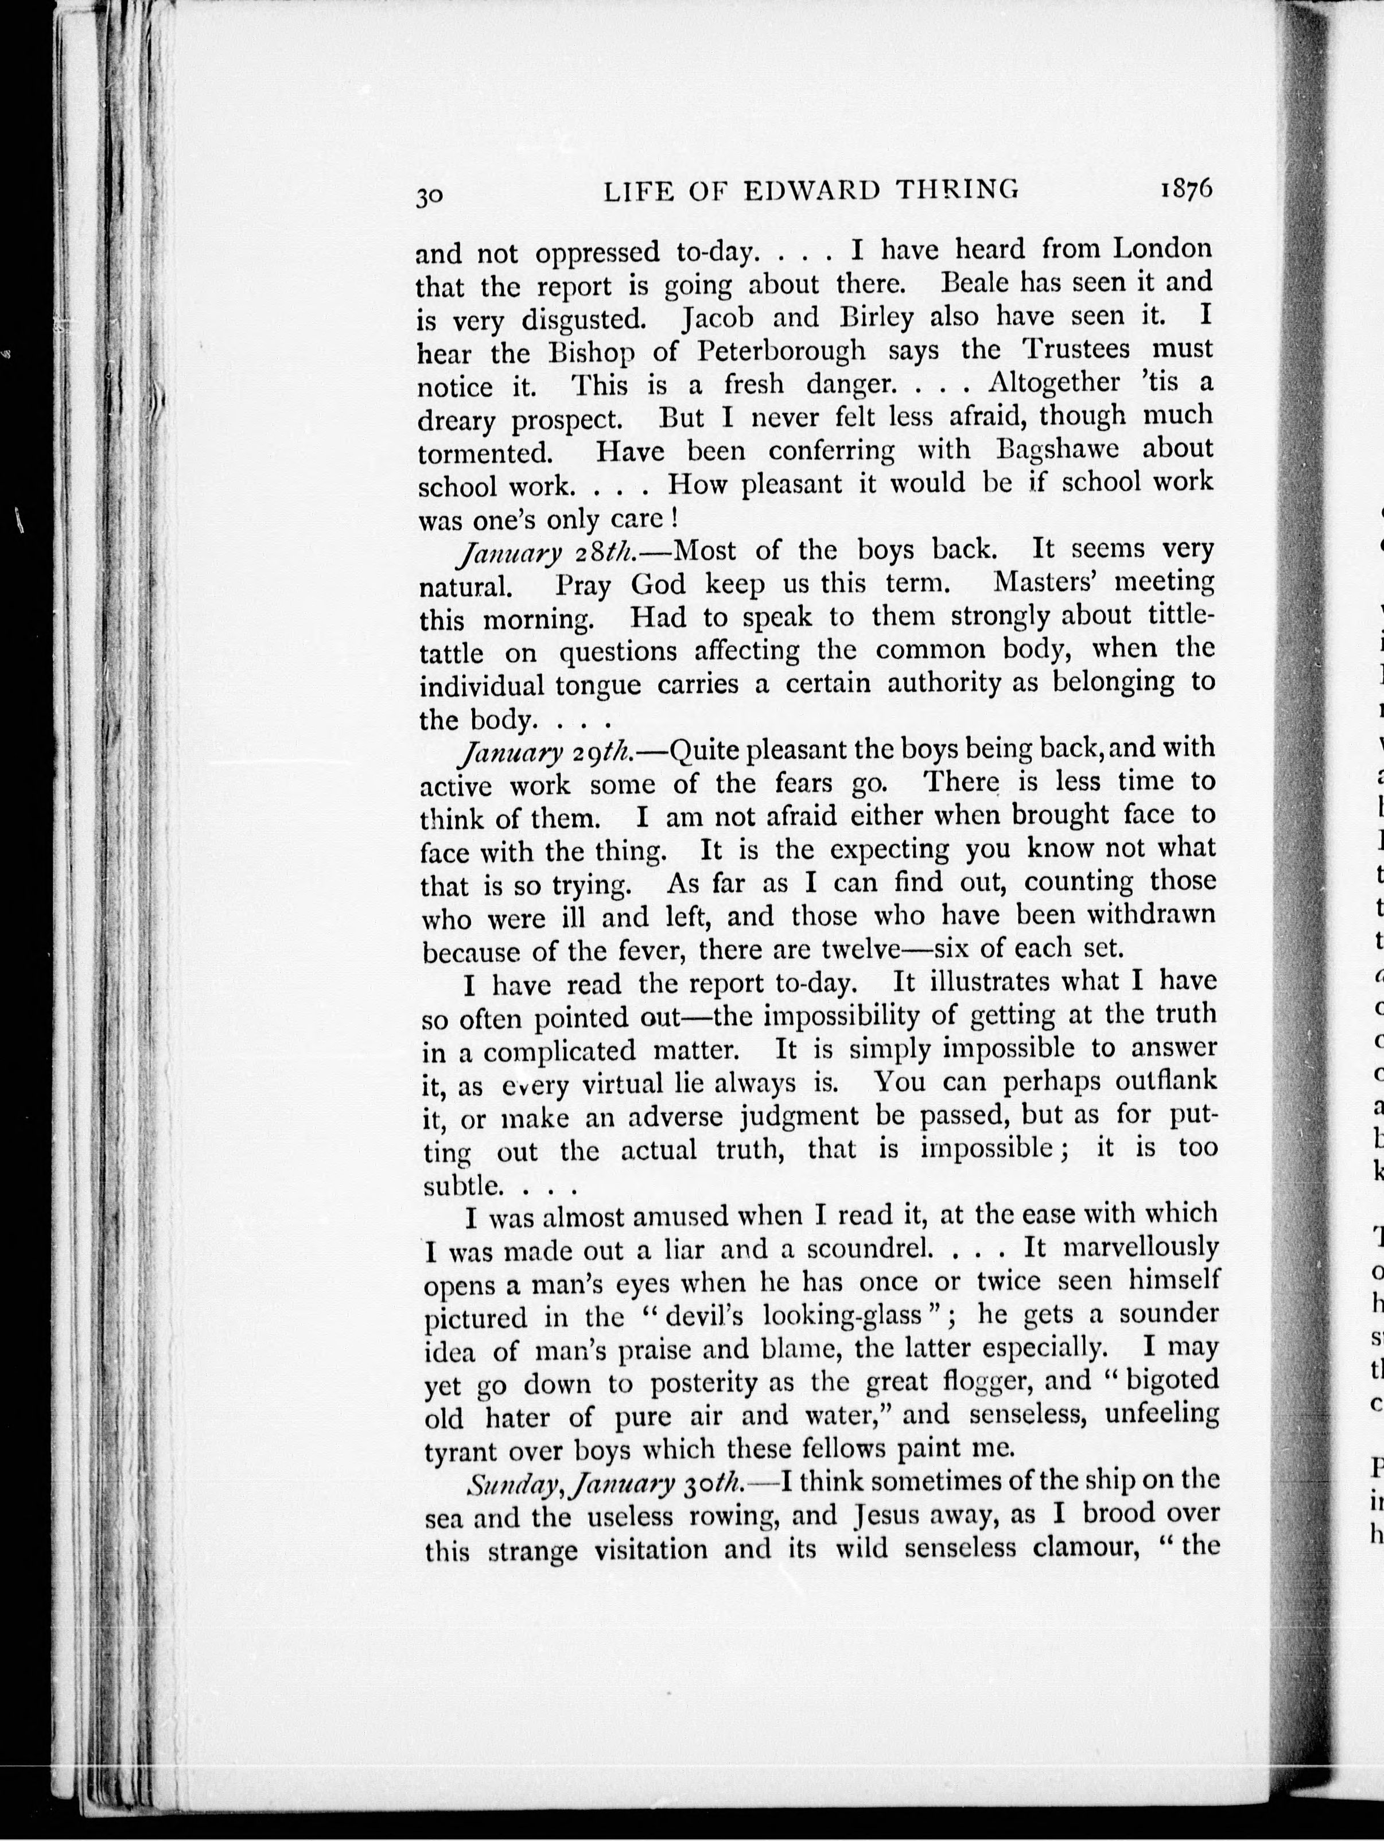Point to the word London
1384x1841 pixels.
click(1163, 248)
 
